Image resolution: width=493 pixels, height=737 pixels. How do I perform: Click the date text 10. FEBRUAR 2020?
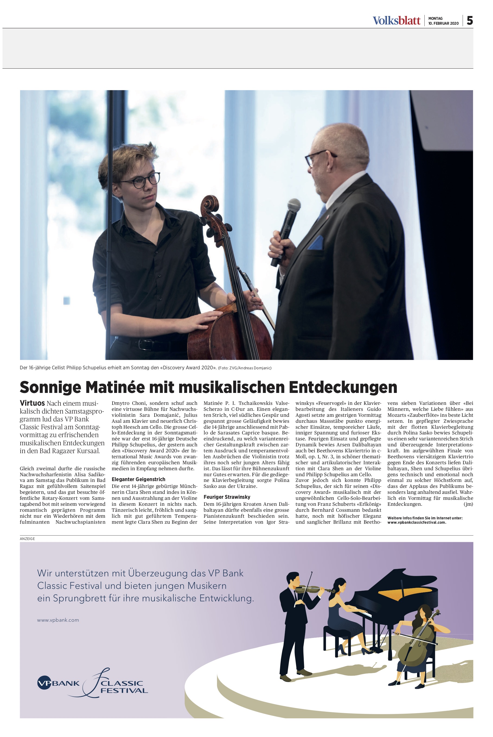[443, 23]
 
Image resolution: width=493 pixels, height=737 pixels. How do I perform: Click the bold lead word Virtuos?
[32, 403]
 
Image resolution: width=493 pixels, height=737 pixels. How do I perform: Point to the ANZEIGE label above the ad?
[27, 539]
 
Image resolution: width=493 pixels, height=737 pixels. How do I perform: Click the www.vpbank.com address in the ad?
[58, 620]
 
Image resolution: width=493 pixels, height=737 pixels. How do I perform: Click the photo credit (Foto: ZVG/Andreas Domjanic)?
[245, 368]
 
